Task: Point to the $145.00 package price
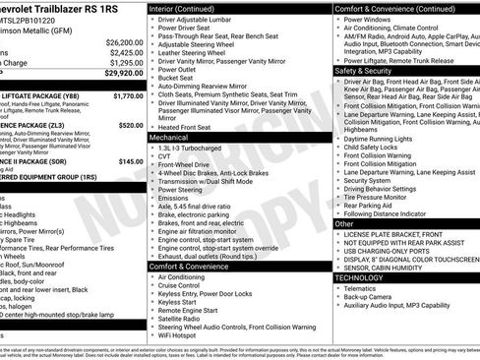pyautogui.click(x=130, y=161)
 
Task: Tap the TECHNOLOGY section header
pyautogui.click(x=361, y=277)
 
